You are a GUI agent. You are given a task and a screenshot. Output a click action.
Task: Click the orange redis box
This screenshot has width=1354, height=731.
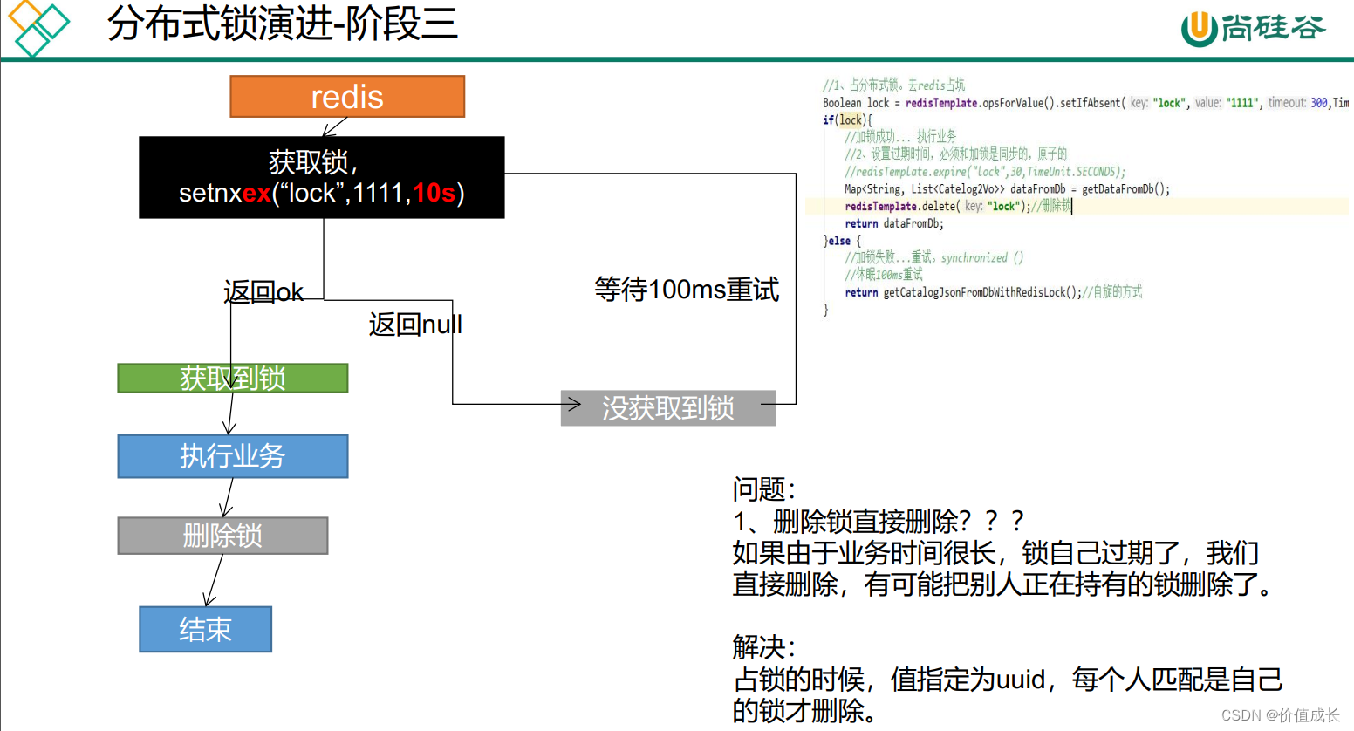pyautogui.click(x=347, y=96)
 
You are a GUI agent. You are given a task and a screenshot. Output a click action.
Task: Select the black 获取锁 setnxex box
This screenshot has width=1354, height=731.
pyautogui.click(x=321, y=177)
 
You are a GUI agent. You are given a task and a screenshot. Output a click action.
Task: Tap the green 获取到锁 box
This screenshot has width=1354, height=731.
pyautogui.click(x=232, y=379)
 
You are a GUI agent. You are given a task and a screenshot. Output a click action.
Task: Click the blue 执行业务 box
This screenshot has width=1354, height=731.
pyautogui.click(x=232, y=456)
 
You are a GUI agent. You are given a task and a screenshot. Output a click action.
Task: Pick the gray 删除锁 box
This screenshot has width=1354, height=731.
pyautogui.click(x=222, y=536)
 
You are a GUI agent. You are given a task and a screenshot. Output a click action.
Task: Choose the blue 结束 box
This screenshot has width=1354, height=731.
pyautogui.click(x=205, y=629)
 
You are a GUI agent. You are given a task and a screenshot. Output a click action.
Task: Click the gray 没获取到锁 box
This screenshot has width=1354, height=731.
pyautogui.click(x=667, y=408)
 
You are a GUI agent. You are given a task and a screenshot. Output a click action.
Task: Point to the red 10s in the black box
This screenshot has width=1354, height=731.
pyautogui.click(x=434, y=193)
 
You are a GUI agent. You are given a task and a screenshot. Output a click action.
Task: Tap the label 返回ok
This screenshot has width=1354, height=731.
pyautogui.click(x=263, y=292)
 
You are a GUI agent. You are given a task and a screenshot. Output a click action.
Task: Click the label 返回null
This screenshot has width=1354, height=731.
pyautogui.click(x=415, y=325)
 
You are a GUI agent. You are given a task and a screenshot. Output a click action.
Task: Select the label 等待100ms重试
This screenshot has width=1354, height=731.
pyautogui.click(x=687, y=289)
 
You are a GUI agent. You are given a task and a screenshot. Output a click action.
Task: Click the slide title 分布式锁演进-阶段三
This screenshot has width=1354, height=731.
pyautogui.click(x=282, y=24)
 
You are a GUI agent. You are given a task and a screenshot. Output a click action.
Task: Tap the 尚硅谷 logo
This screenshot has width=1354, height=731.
pyautogui.click(x=1253, y=28)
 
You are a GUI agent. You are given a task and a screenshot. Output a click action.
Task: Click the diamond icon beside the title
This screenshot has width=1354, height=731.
pyautogui.click(x=38, y=27)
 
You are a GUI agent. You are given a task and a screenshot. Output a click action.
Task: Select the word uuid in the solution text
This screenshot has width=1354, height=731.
pyautogui.click(x=1020, y=679)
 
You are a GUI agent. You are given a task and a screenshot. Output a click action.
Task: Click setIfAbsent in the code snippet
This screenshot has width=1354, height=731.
pyautogui.click(x=1091, y=103)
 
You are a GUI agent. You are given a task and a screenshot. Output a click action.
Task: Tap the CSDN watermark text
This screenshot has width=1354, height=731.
pyautogui.click(x=1280, y=715)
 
